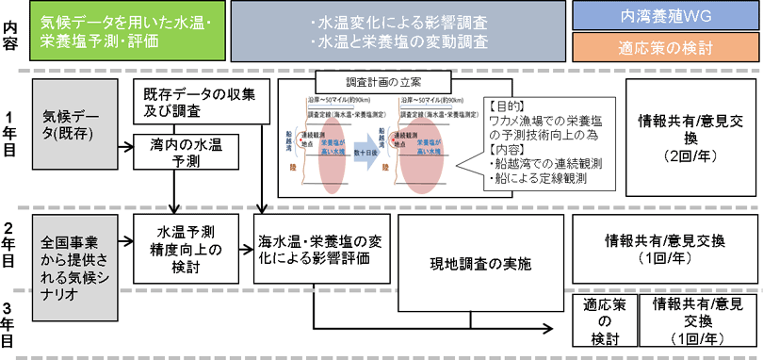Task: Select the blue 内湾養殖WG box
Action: tap(665, 16)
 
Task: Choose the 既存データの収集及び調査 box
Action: tap(199, 103)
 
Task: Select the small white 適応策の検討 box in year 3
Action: tap(601, 320)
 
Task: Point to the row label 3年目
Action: tap(10, 324)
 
